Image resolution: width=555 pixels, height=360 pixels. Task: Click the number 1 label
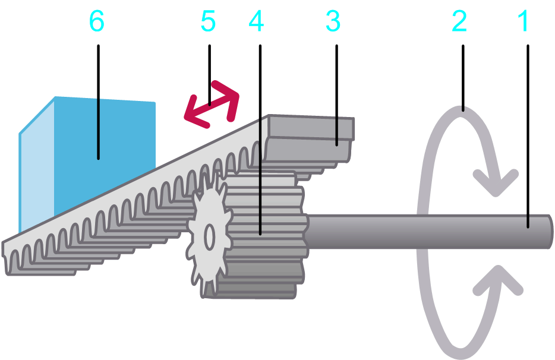coord(523,22)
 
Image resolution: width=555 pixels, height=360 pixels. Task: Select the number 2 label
coord(459,22)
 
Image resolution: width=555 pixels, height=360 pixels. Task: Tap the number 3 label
coord(333,22)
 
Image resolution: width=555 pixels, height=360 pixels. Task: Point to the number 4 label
coord(256,22)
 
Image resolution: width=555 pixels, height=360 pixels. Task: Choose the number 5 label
coord(208,22)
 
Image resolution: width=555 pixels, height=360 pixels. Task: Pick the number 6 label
coord(96,22)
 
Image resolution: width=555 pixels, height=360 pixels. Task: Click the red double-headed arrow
coord(211,105)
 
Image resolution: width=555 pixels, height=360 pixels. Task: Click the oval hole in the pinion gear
coord(209,238)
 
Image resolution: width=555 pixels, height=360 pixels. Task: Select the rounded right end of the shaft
coord(549,231)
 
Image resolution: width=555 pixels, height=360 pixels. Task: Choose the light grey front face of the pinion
coord(208,238)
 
